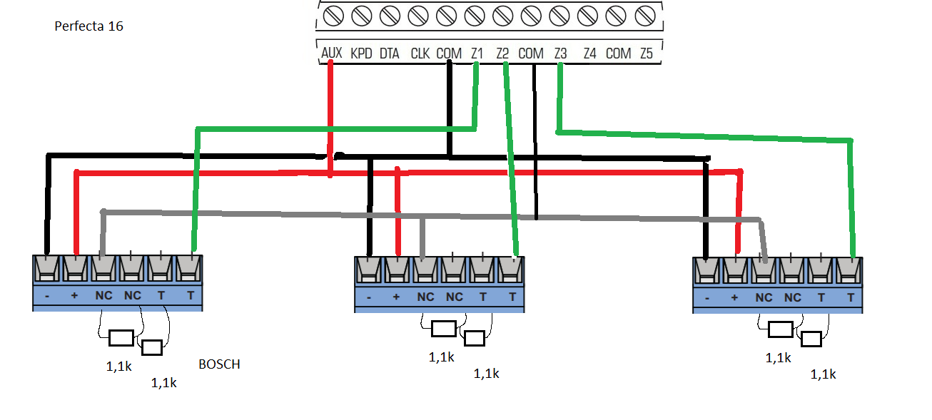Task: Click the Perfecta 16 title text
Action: [88, 26]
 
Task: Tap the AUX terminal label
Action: [332, 53]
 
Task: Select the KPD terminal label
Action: [361, 53]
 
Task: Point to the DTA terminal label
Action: [390, 53]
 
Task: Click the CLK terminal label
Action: [420, 53]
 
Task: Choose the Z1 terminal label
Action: [477, 53]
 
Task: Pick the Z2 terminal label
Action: [502, 53]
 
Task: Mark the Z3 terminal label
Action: [560, 53]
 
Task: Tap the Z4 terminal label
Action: [590, 53]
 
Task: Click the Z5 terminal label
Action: [647, 53]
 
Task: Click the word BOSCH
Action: [219, 364]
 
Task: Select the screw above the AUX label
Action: [333, 16]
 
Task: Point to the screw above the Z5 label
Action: [645, 16]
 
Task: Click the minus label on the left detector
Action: [47, 296]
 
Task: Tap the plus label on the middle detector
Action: [396, 297]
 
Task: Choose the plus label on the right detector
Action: [734, 297]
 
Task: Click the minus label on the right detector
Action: [707, 298]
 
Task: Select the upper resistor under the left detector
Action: [121, 338]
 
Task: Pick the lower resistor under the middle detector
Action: [475, 339]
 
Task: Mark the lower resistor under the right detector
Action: [811, 339]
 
